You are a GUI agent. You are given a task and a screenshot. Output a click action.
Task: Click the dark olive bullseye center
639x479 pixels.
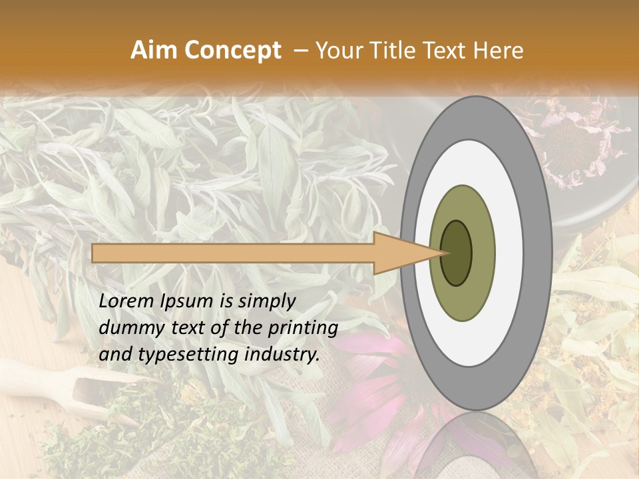[456, 253]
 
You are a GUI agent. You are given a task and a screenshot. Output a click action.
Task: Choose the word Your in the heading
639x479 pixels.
[337, 51]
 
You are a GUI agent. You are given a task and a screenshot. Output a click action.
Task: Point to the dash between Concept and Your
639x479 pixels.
[300, 51]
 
